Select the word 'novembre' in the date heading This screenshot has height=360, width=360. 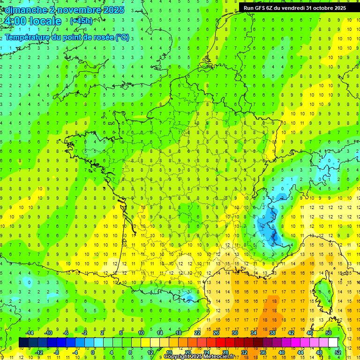(76, 10)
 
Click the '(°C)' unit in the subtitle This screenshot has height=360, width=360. (122, 37)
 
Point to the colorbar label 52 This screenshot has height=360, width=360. (338, 352)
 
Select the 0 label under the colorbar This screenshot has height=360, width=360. (93, 352)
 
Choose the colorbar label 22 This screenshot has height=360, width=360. (197, 333)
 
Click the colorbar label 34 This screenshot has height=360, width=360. (254, 333)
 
